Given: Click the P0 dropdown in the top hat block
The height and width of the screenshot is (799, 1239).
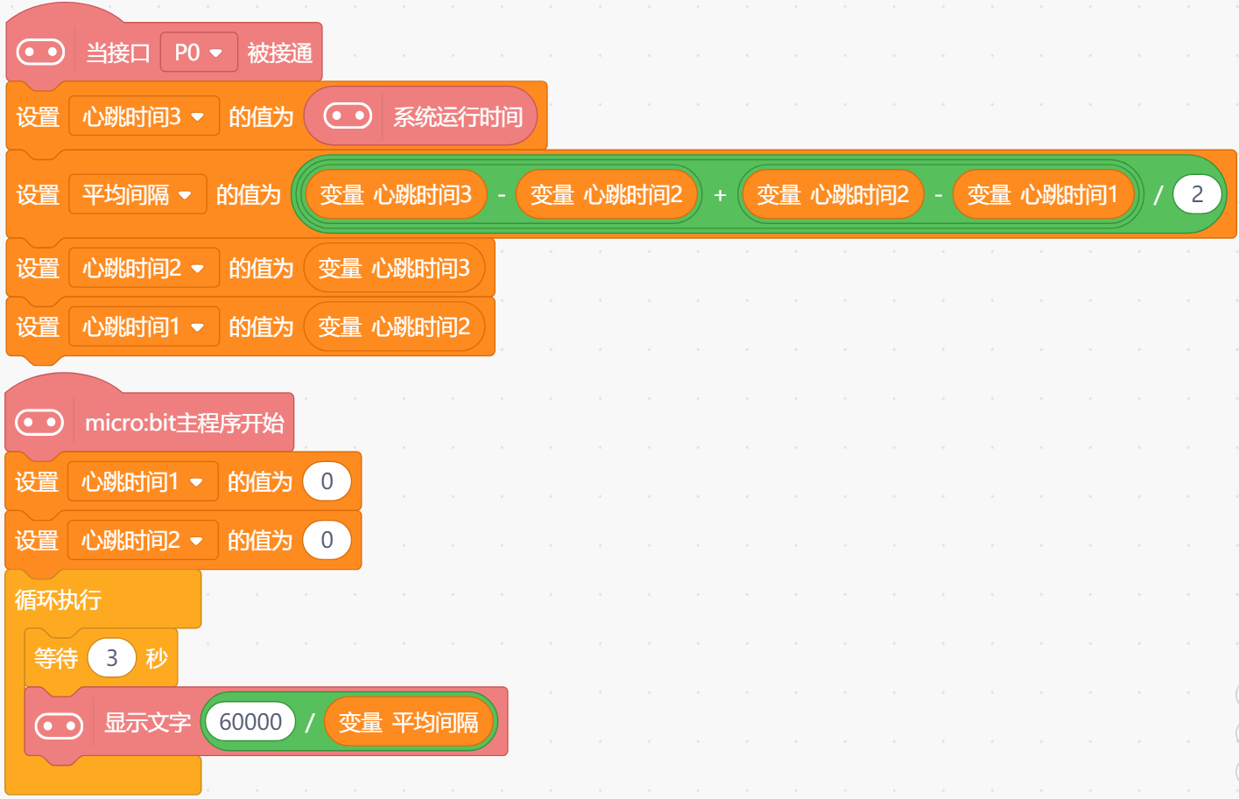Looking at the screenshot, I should point(199,53).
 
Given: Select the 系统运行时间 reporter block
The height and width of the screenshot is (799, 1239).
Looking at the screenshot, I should point(457,116).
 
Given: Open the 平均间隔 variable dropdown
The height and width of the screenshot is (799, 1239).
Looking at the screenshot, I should point(137,194).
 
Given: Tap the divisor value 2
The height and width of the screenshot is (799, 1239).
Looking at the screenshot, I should point(1197,194).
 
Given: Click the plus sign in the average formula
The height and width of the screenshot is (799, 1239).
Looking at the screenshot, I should point(720,195).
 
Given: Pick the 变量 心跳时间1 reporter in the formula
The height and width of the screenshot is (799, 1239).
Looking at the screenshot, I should point(1042,194).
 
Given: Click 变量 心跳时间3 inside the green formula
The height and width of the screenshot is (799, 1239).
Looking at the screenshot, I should point(396,194).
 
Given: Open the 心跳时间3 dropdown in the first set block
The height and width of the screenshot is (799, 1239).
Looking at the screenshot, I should point(144,116).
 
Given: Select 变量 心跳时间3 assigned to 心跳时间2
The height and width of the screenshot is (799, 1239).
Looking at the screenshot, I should point(394,268).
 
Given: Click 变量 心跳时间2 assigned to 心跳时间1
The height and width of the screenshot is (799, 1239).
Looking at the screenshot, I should point(394,327).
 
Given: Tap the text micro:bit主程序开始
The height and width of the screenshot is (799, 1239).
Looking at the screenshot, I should point(184,424).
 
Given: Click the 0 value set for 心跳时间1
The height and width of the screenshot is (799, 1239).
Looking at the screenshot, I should point(327,481).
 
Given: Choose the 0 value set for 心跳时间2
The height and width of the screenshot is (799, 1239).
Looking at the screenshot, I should point(327,540).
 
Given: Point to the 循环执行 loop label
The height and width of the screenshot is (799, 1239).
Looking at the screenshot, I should point(59,599).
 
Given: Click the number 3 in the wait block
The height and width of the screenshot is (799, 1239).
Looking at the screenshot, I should point(112,658).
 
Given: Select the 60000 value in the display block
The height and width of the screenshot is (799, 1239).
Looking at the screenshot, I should point(250,722).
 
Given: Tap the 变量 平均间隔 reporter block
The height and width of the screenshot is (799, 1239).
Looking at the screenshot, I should point(408,723).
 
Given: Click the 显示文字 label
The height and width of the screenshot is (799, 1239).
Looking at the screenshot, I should point(147,723).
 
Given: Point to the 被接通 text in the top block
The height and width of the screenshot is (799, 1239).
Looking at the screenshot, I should point(279,53).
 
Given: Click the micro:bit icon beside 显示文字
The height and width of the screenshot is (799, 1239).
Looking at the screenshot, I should point(59,725).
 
